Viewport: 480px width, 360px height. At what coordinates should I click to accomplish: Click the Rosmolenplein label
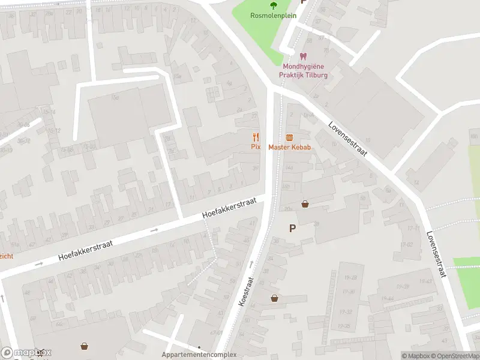(274, 16)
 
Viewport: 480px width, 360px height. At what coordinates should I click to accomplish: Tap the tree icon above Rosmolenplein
(274, 6)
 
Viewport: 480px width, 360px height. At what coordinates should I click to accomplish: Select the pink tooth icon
(303, 56)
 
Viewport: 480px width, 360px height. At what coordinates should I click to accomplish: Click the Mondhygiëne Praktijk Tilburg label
(303, 71)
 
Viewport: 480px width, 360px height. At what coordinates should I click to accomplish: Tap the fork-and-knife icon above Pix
(256, 137)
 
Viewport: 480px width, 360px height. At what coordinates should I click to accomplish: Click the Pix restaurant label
(256, 147)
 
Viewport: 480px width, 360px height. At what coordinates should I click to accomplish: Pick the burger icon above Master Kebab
(289, 137)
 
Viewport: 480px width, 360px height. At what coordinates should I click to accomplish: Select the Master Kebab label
(289, 147)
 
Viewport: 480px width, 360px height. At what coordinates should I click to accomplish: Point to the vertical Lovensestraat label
(437, 254)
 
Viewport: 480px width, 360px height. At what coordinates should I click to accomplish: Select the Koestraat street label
(247, 292)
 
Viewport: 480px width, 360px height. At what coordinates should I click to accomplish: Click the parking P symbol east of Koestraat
(293, 228)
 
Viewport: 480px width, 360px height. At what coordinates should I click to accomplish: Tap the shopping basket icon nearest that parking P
(305, 204)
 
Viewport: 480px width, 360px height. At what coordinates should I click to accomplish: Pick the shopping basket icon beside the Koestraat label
(274, 298)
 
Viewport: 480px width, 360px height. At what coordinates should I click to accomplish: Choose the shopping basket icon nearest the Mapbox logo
(85, 346)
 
